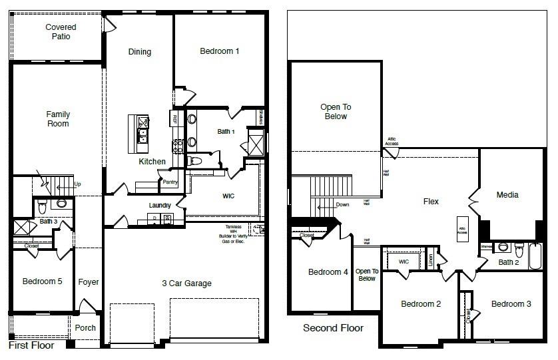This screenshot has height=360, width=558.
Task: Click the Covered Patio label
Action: pyautogui.click(x=61, y=32)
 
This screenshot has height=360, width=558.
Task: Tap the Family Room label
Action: pyautogui.click(x=58, y=119)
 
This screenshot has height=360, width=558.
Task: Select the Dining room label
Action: pyautogui.click(x=140, y=52)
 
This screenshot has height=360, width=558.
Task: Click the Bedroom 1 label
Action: pyautogui.click(x=220, y=51)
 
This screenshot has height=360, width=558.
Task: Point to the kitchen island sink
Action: pyautogui.click(x=142, y=136)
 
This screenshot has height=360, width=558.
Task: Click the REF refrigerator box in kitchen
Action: pyautogui.click(x=174, y=120)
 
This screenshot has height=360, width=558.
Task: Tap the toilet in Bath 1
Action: pyautogui.click(x=194, y=160)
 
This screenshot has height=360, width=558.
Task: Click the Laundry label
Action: pyautogui.click(x=160, y=206)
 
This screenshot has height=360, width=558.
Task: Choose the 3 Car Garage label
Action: pyautogui.click(x=186, y=283)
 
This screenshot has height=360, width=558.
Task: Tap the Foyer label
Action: pyautogui.click(x=89, y=282)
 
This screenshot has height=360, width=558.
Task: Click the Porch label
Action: pyautogui.click(x=85, y=327)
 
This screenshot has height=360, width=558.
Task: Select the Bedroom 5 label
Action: pyautogui.click(x=43, y=281)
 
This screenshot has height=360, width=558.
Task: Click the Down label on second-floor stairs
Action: pyautogui.click(x=342, y=204)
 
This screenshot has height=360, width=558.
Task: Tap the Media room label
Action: pyautogui.click(x=507, y=195)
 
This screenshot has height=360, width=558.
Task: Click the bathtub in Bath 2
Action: pyautogui.click(x=536, y=256)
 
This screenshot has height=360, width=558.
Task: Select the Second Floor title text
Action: pyautogui.click(x=333, y=328)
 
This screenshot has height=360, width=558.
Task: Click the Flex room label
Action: pyautogui.click(x=431, y=202)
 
